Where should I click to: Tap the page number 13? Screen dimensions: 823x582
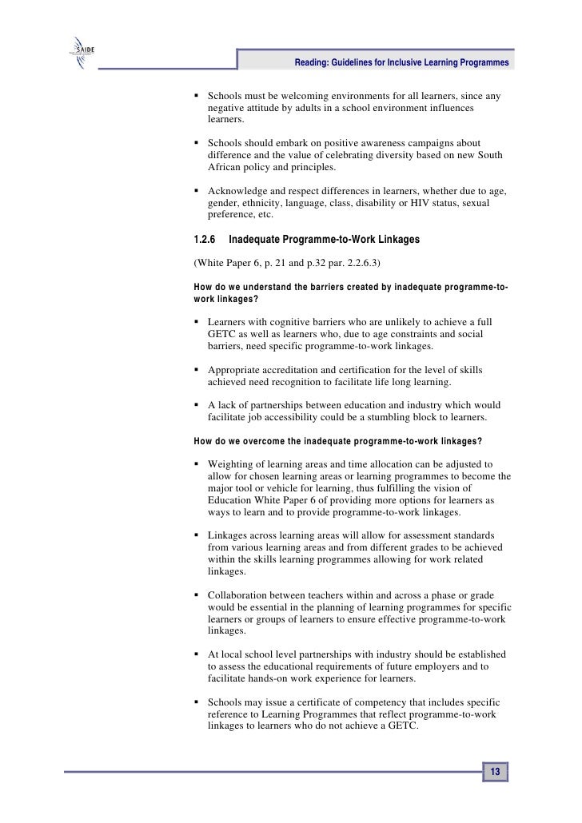(495, 772)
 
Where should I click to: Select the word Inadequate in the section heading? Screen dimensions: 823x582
(257, 239)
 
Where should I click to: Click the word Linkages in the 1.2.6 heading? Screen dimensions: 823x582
(386, 239)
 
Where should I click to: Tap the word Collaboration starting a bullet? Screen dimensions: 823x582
(239, 596)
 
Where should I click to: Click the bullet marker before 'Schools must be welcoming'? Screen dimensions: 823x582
(197, 97)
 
